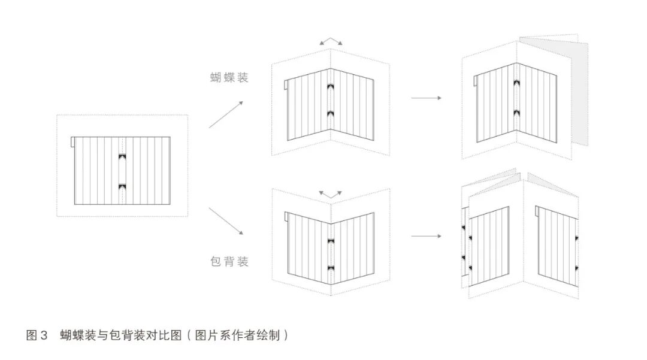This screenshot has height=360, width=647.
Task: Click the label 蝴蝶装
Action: [x=229, y=77]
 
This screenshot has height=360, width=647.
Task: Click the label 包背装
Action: [x=229, y=262]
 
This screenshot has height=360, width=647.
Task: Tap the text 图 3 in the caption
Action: [x=37, y=335]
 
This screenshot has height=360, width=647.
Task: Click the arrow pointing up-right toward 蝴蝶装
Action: [x=226, y=114]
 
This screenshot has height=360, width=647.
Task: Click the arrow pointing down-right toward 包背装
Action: [x=226, y=220]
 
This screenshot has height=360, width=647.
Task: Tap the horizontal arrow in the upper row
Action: [x=426, y=97]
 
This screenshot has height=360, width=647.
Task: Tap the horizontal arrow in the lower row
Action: [x=426, y=236]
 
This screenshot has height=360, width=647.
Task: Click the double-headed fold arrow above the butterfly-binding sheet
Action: [x=331, y=41]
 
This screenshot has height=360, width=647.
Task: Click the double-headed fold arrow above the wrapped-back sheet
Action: [x=330, y=194]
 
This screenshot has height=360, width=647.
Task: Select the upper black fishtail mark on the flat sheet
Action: [x=122, y=157]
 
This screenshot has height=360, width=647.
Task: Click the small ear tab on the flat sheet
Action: [x=72, y=141]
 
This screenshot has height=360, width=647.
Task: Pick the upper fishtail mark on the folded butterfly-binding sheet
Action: [x=330, y=88]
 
